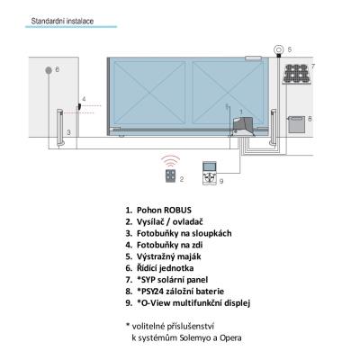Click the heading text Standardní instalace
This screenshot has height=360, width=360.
[x=62, y=21]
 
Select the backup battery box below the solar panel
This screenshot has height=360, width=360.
[x=296, y=124]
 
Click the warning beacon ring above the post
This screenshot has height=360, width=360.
[x=279, y=49]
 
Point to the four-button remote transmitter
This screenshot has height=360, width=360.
[x=170, y=175]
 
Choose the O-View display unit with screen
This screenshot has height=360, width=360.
[x=210, y=173]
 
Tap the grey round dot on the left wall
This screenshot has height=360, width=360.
[x=49, y=70]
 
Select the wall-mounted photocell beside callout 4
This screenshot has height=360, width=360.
[x=79, y=106]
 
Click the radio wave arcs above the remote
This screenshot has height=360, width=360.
[x=170, y=161]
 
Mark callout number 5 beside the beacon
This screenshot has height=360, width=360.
[x=290, y=49]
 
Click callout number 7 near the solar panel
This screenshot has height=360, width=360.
[x=313, y=67]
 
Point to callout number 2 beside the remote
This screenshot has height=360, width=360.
[x=182, y=179]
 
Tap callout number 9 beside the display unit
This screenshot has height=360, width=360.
[x=221, y=181]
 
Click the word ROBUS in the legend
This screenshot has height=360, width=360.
[x=178, y=210]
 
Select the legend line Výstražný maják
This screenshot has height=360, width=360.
[x=169, y=256]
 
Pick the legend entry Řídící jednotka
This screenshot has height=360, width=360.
[x=166, y=268]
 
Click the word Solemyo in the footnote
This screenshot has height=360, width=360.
[x=195, y=337]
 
